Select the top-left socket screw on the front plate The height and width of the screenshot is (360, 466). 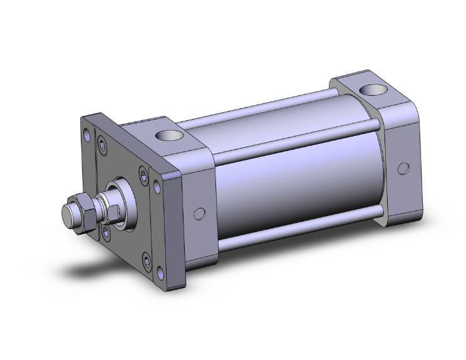101,145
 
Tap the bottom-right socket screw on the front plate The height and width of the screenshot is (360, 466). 147,257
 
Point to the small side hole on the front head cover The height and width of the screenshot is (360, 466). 199,213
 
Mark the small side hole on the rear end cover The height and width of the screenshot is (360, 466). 404,168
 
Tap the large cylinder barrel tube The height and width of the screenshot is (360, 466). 294,182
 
